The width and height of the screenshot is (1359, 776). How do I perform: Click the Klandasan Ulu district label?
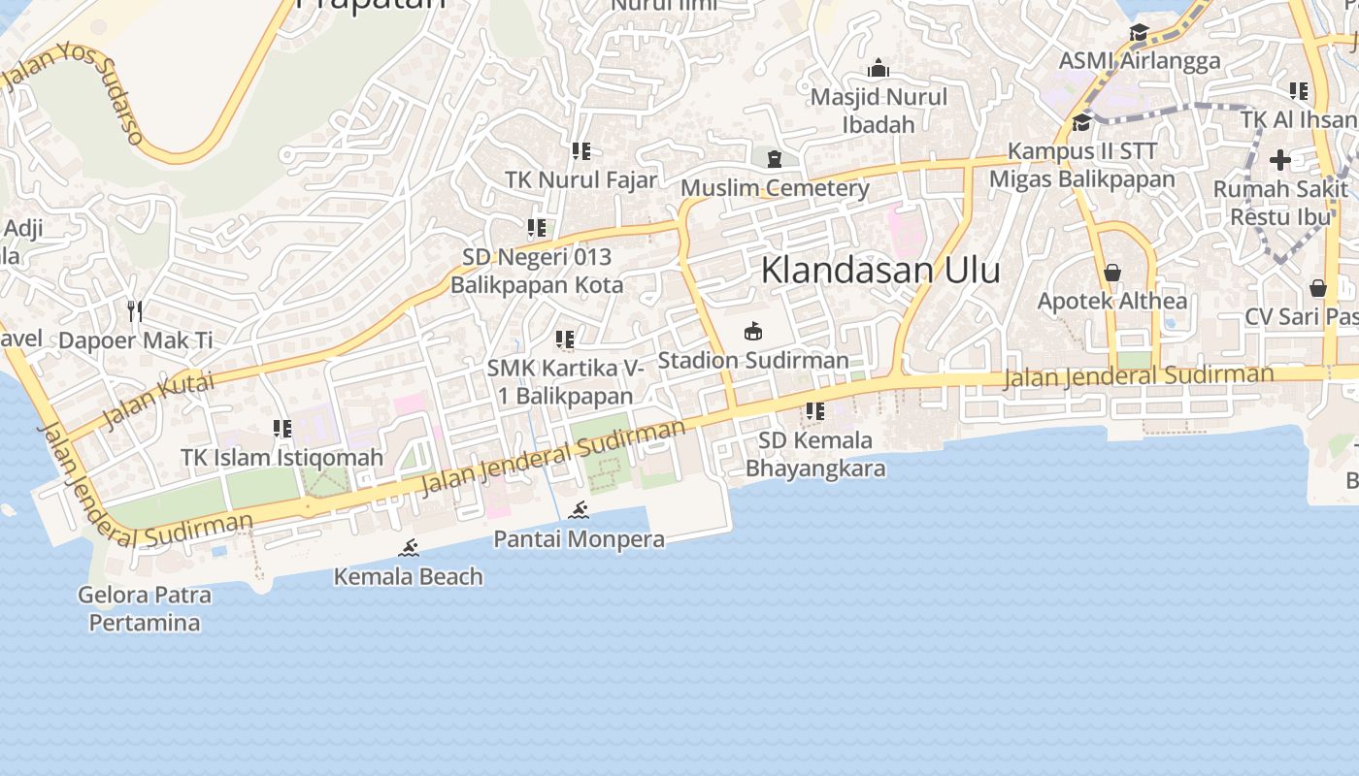880,270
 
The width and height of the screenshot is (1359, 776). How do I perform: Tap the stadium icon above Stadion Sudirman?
752,332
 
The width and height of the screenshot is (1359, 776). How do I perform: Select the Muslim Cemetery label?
775,188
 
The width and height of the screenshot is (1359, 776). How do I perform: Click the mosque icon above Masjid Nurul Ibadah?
878,68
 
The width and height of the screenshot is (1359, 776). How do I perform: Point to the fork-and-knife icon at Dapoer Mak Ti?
135,310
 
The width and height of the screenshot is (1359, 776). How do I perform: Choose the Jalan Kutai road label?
158,400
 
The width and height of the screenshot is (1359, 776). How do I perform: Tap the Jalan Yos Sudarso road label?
76,92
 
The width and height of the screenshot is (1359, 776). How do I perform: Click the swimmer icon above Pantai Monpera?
580,510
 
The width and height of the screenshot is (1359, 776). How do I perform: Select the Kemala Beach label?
408,577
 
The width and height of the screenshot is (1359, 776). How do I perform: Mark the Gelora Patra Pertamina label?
145,608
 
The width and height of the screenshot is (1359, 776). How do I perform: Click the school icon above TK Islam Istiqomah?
282,429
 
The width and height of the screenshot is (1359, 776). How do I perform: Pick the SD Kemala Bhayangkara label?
815,454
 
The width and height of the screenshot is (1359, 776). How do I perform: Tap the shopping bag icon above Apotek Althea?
1112,273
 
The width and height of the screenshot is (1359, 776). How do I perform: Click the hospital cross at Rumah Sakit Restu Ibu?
1280,160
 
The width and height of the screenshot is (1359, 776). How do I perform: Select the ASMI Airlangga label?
1139,61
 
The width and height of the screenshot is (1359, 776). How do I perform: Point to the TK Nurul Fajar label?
580,179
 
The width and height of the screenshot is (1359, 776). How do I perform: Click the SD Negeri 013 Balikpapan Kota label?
537,271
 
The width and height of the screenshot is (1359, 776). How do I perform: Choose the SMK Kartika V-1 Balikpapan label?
565,381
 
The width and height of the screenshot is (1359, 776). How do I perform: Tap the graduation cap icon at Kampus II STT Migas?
1081,122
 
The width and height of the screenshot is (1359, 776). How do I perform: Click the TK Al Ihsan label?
1299,119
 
